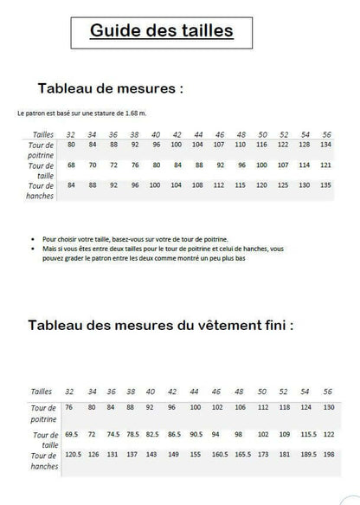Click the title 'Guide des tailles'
pyautogui.click(x=161, y=32)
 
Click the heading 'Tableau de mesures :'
pyautogui.click(x=111, y=88)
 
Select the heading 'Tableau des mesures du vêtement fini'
pyautogui.click(x=160, y=326)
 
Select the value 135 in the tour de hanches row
pyautogui.click(x=325, y=185)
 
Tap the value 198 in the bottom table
pyautogui.click(x=328, y=453)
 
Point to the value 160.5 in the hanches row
pyautogui.click(x=220, y=453)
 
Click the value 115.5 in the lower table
pyautogui.click(x=305, y=433)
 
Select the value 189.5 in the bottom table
pyautogui.click(x=305, y=453)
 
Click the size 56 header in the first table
pyautogui.click(x=325, y=134)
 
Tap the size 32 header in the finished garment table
pyautogui.click(x=69, y=392)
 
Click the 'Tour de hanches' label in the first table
pyautogui.click(x=42, y=190)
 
